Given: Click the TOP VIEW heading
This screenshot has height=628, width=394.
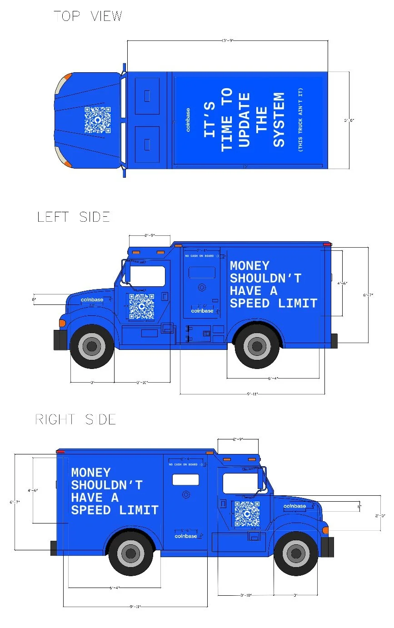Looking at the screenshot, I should [88, 16].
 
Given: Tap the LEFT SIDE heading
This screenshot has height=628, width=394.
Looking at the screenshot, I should [74, 217].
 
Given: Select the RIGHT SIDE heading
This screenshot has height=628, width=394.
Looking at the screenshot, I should [75, 419].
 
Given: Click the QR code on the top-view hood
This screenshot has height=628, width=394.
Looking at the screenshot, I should [97, 120].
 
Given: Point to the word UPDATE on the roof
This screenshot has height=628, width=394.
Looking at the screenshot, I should [244, 120].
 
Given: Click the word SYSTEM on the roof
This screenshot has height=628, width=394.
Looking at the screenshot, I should [279, 120].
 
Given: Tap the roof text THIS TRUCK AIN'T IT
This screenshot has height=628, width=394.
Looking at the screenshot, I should [300, 120].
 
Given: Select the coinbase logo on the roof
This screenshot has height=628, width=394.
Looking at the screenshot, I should [188, 120].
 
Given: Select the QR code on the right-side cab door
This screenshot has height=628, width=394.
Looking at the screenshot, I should [247, 514].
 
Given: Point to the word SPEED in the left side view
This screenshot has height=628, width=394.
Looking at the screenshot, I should [251, 304].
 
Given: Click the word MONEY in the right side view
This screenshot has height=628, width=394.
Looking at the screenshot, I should [91, 473].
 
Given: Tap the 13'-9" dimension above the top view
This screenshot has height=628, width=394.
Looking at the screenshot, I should [227, 40].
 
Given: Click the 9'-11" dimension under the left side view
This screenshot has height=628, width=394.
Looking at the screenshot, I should [252, 394].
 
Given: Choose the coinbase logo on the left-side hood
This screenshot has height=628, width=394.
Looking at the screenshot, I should [92, 299].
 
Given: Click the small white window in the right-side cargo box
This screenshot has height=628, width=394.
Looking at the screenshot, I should [185, 479].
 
